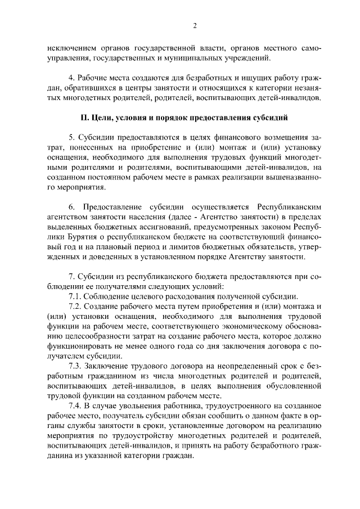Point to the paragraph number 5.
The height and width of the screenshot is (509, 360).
(70, 138)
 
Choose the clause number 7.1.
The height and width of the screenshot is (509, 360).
(74, 296)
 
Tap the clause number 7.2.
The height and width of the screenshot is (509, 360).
(74, 307)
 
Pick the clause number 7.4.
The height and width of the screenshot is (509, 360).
(74, 406)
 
